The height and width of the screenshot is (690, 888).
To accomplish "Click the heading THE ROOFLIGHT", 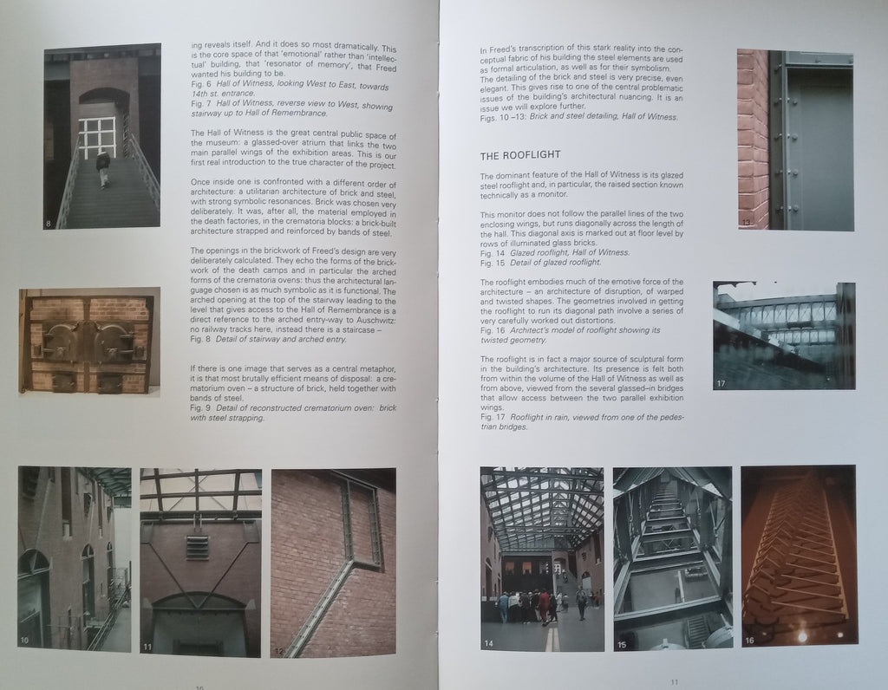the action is (520, 154).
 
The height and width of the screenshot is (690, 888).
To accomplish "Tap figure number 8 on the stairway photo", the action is (49, 224).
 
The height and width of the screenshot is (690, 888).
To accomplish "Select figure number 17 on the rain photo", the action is (721, 384).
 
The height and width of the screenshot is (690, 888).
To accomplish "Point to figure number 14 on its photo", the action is (489, 643).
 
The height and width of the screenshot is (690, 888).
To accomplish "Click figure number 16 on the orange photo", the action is (749, 641).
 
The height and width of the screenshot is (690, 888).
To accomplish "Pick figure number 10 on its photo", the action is (24, 641).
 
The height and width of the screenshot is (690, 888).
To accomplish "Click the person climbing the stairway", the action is (102, 168).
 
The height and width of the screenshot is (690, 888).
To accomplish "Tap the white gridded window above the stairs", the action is (97, 138).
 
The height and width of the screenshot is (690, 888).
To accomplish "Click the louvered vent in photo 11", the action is (197, 548).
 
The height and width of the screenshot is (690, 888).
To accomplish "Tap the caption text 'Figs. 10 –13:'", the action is (503, 118).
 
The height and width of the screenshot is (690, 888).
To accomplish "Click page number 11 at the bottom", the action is (674, 682).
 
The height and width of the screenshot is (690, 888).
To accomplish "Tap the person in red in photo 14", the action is (544, 607).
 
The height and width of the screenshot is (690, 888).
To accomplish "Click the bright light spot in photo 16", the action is (802, 637).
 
